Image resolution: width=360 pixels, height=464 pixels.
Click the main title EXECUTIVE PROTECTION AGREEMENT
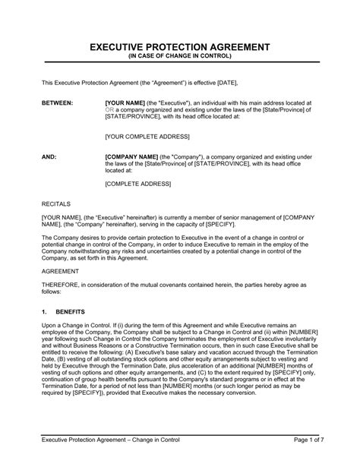[x=179, y=47]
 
